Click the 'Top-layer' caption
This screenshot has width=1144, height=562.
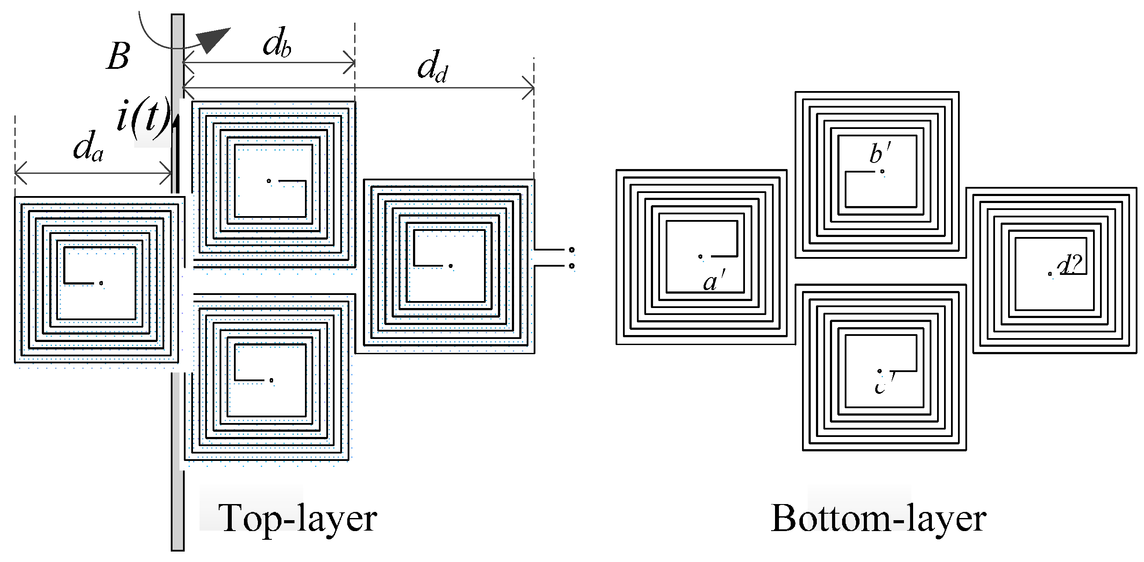(x=297, y=518)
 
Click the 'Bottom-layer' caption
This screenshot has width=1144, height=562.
(x=878, y=518)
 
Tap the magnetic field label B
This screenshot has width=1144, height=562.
(x=118, y=57)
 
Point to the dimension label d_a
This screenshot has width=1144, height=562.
(x=88, y=147)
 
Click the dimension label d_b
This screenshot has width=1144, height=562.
(x=277, y=44)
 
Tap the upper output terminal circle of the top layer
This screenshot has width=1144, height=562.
(x=572, y=250)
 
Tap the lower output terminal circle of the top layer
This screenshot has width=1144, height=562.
(x=572, y=266)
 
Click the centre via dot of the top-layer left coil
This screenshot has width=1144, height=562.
(x=101, y=283)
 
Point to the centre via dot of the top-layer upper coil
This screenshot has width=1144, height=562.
(x=269, y=181)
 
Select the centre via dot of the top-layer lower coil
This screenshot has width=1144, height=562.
(x=271, y=380)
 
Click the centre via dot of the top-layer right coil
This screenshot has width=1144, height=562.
(x=450, y=266)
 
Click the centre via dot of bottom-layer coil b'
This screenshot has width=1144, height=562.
(x=882, y=172)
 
